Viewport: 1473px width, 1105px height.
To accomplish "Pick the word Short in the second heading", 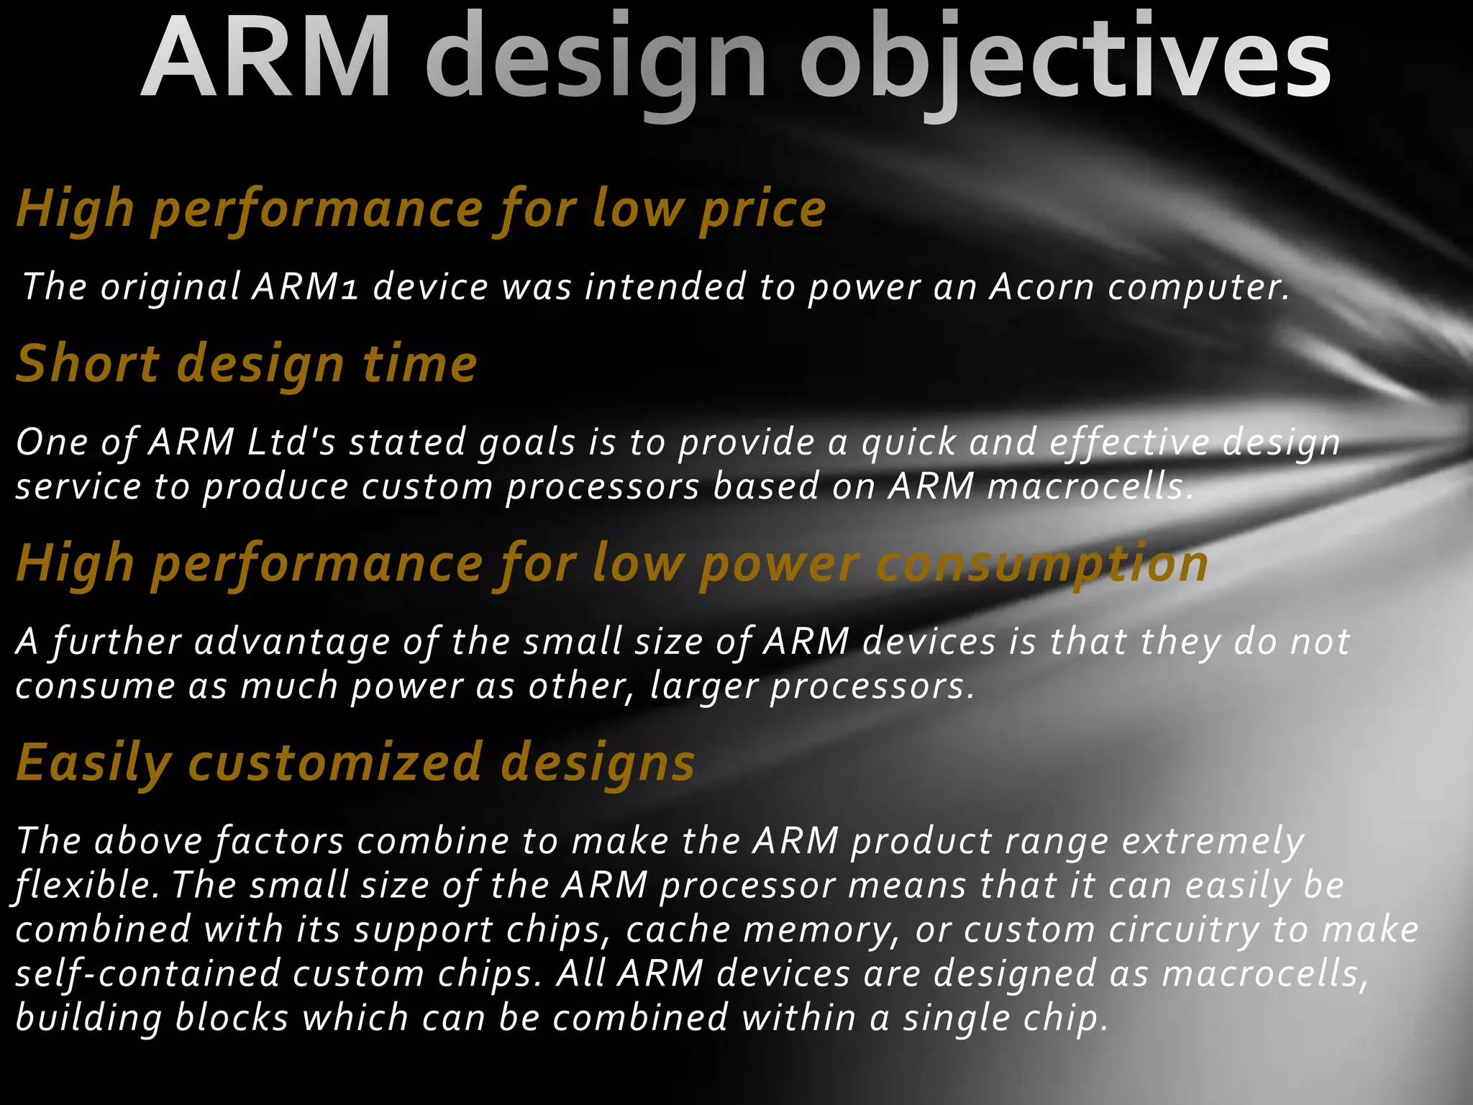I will click(x=87, y=363).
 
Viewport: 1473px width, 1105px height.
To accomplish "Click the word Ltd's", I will click(x=291, y=442).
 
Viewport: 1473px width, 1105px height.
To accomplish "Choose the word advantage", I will click(x=291, y=641).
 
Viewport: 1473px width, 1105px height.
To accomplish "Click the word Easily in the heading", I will click(x=94, y=763).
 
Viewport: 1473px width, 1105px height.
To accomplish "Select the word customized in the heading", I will click(x=335, y=763).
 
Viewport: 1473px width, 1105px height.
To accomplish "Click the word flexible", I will click(x=87, y=886).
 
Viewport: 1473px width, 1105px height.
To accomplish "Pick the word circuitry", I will click(x=1183, y=929).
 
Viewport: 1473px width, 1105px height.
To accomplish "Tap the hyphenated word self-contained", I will click(x=148, y=974).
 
